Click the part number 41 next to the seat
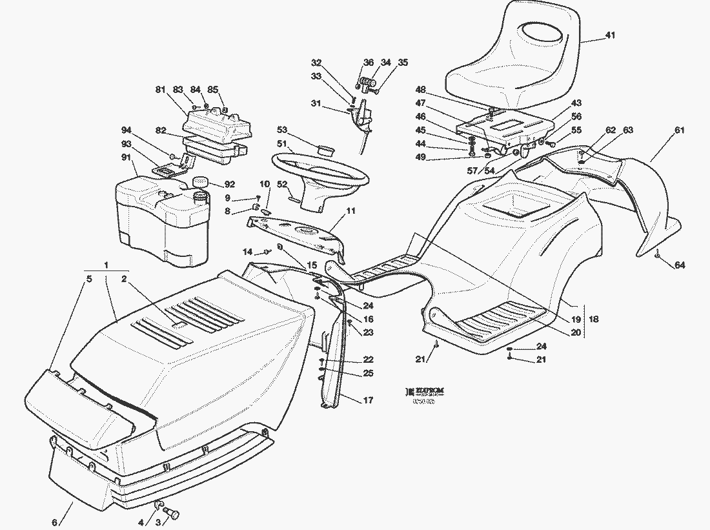coord(610,36)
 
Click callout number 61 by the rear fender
coord(679,131)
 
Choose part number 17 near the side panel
coord(368,401)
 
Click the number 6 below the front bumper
coord(54,522)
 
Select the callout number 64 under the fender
coord(680,265)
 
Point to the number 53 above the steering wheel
coord(282,130)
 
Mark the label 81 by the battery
coord(160,90)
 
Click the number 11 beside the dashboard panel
coord(350,211)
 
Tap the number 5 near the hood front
coord(90,279)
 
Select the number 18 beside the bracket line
coord(594,319)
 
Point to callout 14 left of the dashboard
coord(247,251)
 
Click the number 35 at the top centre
coord(403,63)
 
